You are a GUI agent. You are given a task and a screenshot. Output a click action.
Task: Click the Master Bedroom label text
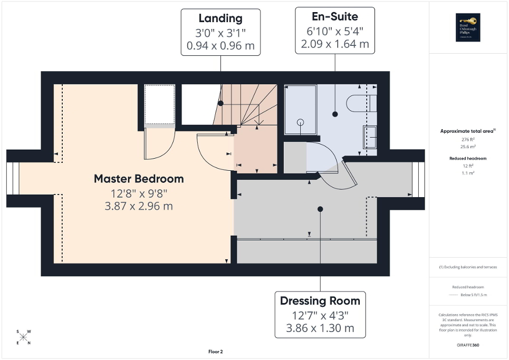(x=139, y=179)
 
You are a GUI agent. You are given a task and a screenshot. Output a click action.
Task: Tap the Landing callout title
(x=220, y=18)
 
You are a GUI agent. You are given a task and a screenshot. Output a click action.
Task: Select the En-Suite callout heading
(x=335, y=17)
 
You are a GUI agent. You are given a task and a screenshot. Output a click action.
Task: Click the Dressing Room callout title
(x=320, y=301)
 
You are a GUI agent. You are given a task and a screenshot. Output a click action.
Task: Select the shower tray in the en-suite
(x=300, y=110)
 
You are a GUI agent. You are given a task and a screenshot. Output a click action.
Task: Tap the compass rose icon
(x=24, y=337)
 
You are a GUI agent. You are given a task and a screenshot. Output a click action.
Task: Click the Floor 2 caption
(x=216, y=352)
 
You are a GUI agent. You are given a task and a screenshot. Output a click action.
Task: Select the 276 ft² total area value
(x=468, y=139)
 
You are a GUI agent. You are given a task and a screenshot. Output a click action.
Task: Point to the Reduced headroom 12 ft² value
(x=468, y=166)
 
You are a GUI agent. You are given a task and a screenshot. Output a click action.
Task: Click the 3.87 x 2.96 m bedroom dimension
(x=139, y=206)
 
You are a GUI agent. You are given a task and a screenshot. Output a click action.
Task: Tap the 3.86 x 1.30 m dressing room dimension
(x=320, y=327)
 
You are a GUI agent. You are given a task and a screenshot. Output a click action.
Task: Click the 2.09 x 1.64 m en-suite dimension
(x=335, y=44)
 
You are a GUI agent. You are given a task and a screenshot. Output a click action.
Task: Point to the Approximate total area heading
(x=468, y=131)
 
